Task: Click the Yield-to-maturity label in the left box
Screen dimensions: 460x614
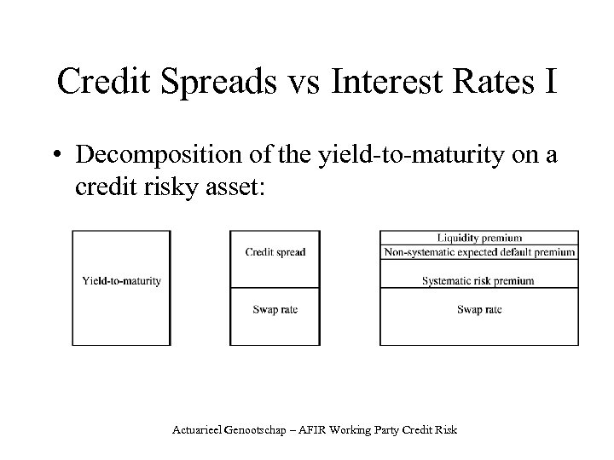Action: tap(121, 281)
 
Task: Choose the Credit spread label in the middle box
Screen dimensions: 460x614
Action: tap(275, 252)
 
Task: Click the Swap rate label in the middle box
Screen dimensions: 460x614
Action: tap(275, 309)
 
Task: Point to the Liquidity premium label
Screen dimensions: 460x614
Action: tap(479, 238)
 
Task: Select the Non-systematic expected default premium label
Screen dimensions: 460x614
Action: tap(479, 252)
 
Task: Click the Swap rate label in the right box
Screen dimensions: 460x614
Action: tap(479, 309)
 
